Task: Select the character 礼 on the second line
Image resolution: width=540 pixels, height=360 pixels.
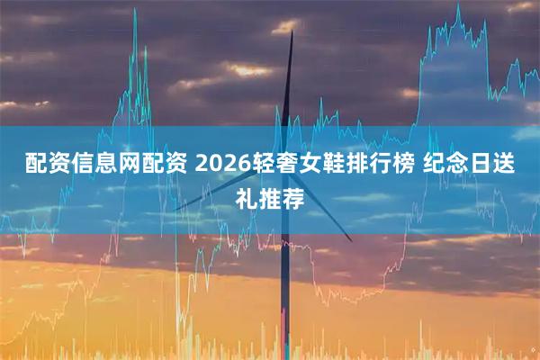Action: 244,196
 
